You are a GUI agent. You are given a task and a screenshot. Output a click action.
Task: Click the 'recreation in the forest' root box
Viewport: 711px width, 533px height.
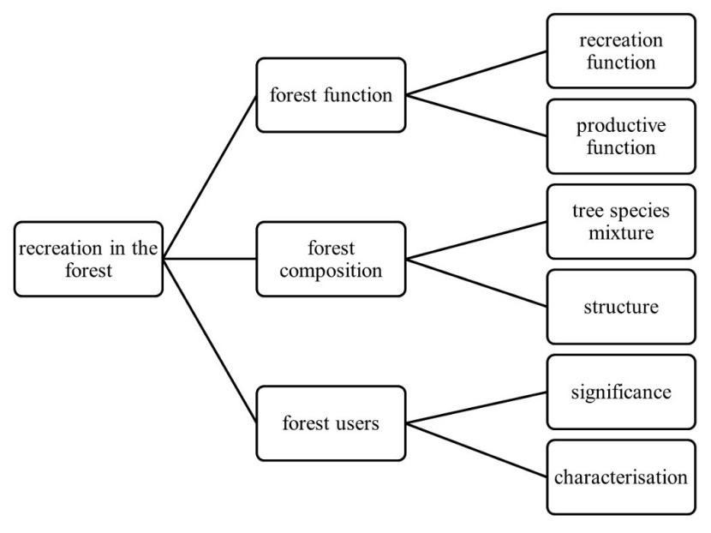coord(89,259)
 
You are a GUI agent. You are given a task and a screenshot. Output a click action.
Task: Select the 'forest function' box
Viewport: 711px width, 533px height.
coord(331,95)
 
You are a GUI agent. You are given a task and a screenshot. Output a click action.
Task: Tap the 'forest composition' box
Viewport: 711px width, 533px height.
coord(331,259)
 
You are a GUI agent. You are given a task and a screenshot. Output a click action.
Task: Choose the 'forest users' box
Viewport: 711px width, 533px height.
coord(331,422)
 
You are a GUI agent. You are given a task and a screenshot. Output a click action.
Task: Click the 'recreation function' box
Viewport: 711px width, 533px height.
coord(621,51)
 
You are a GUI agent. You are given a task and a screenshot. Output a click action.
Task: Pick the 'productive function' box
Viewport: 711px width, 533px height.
coord(621,136)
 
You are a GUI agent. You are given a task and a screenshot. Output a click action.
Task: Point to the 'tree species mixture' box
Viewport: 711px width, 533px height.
coord(621,221)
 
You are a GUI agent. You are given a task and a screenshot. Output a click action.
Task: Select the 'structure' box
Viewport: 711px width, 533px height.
coord(621,306)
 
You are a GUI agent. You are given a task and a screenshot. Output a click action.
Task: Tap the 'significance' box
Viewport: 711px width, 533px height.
coord(621,392)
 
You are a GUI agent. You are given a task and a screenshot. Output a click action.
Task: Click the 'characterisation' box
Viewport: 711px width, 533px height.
coord(621,476)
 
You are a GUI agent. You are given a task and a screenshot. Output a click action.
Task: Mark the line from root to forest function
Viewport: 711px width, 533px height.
coord(210,177)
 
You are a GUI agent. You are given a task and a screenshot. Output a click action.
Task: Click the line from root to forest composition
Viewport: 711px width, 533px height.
coord(210,259)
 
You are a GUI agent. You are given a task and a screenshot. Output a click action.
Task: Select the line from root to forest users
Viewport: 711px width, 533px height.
coord(210,340)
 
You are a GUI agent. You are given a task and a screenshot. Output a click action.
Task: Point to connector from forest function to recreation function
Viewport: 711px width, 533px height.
coord(475,73)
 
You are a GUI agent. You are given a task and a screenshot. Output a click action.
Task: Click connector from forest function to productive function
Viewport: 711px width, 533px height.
coord(475,116)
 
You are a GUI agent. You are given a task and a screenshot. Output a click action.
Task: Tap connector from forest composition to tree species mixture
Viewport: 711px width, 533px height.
coord(475,240)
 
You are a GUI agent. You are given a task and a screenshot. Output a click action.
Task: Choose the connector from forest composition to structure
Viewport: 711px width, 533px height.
coord(475,283)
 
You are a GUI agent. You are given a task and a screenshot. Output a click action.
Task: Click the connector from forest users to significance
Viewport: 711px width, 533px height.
coord(475,407)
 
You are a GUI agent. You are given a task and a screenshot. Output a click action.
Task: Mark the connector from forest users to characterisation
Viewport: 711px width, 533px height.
coord(475,449)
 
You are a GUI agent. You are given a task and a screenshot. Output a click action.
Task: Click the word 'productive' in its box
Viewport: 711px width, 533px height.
coord(621,126)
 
